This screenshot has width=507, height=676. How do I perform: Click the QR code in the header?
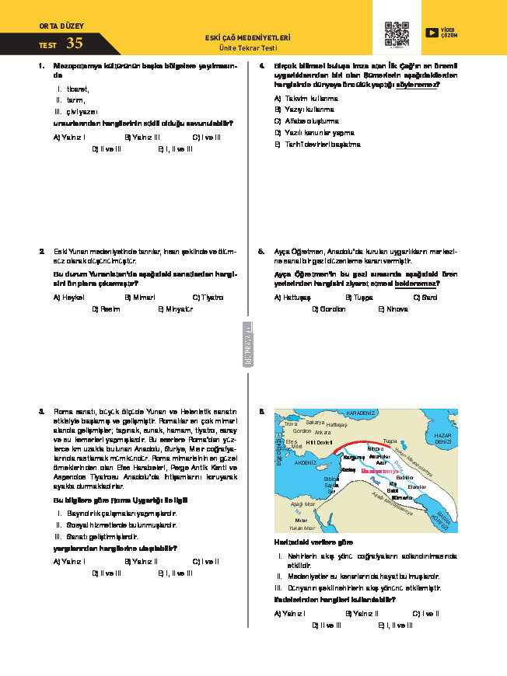(x=397, y=33)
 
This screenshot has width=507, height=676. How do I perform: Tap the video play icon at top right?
(x=432, y=33)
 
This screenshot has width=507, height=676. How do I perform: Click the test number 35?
(x=75, y=44)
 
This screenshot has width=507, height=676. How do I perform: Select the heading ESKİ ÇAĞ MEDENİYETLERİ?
(x=247, y=37)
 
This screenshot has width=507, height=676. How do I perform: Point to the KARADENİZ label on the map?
(x=361, y=413)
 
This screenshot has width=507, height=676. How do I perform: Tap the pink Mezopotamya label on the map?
(x=379, y=471)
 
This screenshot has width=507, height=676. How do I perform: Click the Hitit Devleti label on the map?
(x=319, y=441)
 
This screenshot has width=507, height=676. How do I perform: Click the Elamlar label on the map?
(x=417, y=486)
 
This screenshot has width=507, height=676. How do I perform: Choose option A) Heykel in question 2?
(x=68, y=298)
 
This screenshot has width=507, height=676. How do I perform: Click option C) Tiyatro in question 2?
(x=208, y=298)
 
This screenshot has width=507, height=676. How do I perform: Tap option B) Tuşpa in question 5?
(x=359, y=298)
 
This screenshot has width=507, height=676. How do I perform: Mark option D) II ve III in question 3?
(x=107, y=573)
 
